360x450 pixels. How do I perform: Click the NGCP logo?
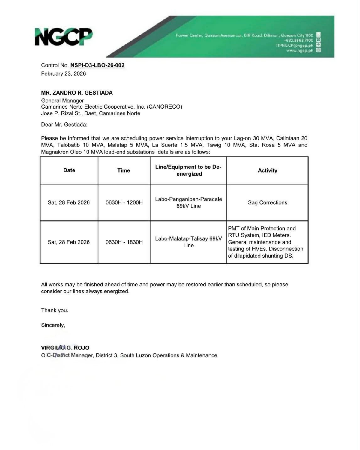tap(64, 37)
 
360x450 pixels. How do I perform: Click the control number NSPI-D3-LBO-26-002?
tap(97, 65)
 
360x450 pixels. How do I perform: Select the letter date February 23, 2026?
tap(64, 74)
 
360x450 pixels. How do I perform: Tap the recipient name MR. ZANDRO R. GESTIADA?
tap(77, 93)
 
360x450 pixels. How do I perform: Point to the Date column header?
tap(69, 170)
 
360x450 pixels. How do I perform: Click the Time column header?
tap(124, 170)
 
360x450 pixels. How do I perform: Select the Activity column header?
tap(267, 170)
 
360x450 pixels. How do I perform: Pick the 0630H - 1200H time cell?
tap(124, 202)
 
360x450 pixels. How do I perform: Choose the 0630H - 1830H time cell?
tap(124, 242)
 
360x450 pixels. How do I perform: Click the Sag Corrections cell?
tap(267, 202)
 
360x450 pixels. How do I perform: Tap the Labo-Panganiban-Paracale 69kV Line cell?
tap(188, 202)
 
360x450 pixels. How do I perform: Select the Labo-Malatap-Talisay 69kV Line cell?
tap(188, 242)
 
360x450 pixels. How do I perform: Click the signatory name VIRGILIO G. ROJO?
tap(65, 348)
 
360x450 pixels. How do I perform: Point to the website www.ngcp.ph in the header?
tap(299, 51)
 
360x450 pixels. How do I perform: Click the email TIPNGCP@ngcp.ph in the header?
tap(294, 46)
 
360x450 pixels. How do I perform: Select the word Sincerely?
tap(53, 325)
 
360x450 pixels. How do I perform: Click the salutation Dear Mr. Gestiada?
tap(64, 124)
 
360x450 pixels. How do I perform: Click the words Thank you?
tap(55, 310)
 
